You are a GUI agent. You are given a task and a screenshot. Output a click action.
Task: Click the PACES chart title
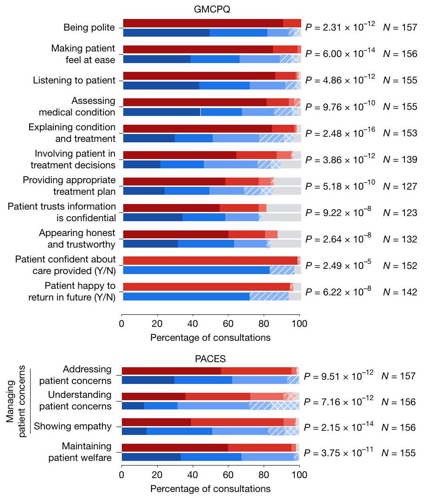211,358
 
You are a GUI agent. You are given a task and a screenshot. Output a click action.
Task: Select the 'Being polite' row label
89,28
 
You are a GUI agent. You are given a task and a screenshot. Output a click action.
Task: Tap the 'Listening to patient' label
74,80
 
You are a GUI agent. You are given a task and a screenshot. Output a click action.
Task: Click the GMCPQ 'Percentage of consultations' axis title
210,338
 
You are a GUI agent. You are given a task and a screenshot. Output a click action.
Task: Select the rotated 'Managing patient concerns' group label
15,402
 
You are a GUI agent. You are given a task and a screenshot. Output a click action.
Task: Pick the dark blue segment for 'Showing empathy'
134,431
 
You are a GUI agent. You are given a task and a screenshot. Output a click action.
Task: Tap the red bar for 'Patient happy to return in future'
206,287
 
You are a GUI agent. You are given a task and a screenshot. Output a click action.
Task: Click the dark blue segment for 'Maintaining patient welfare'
151,457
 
